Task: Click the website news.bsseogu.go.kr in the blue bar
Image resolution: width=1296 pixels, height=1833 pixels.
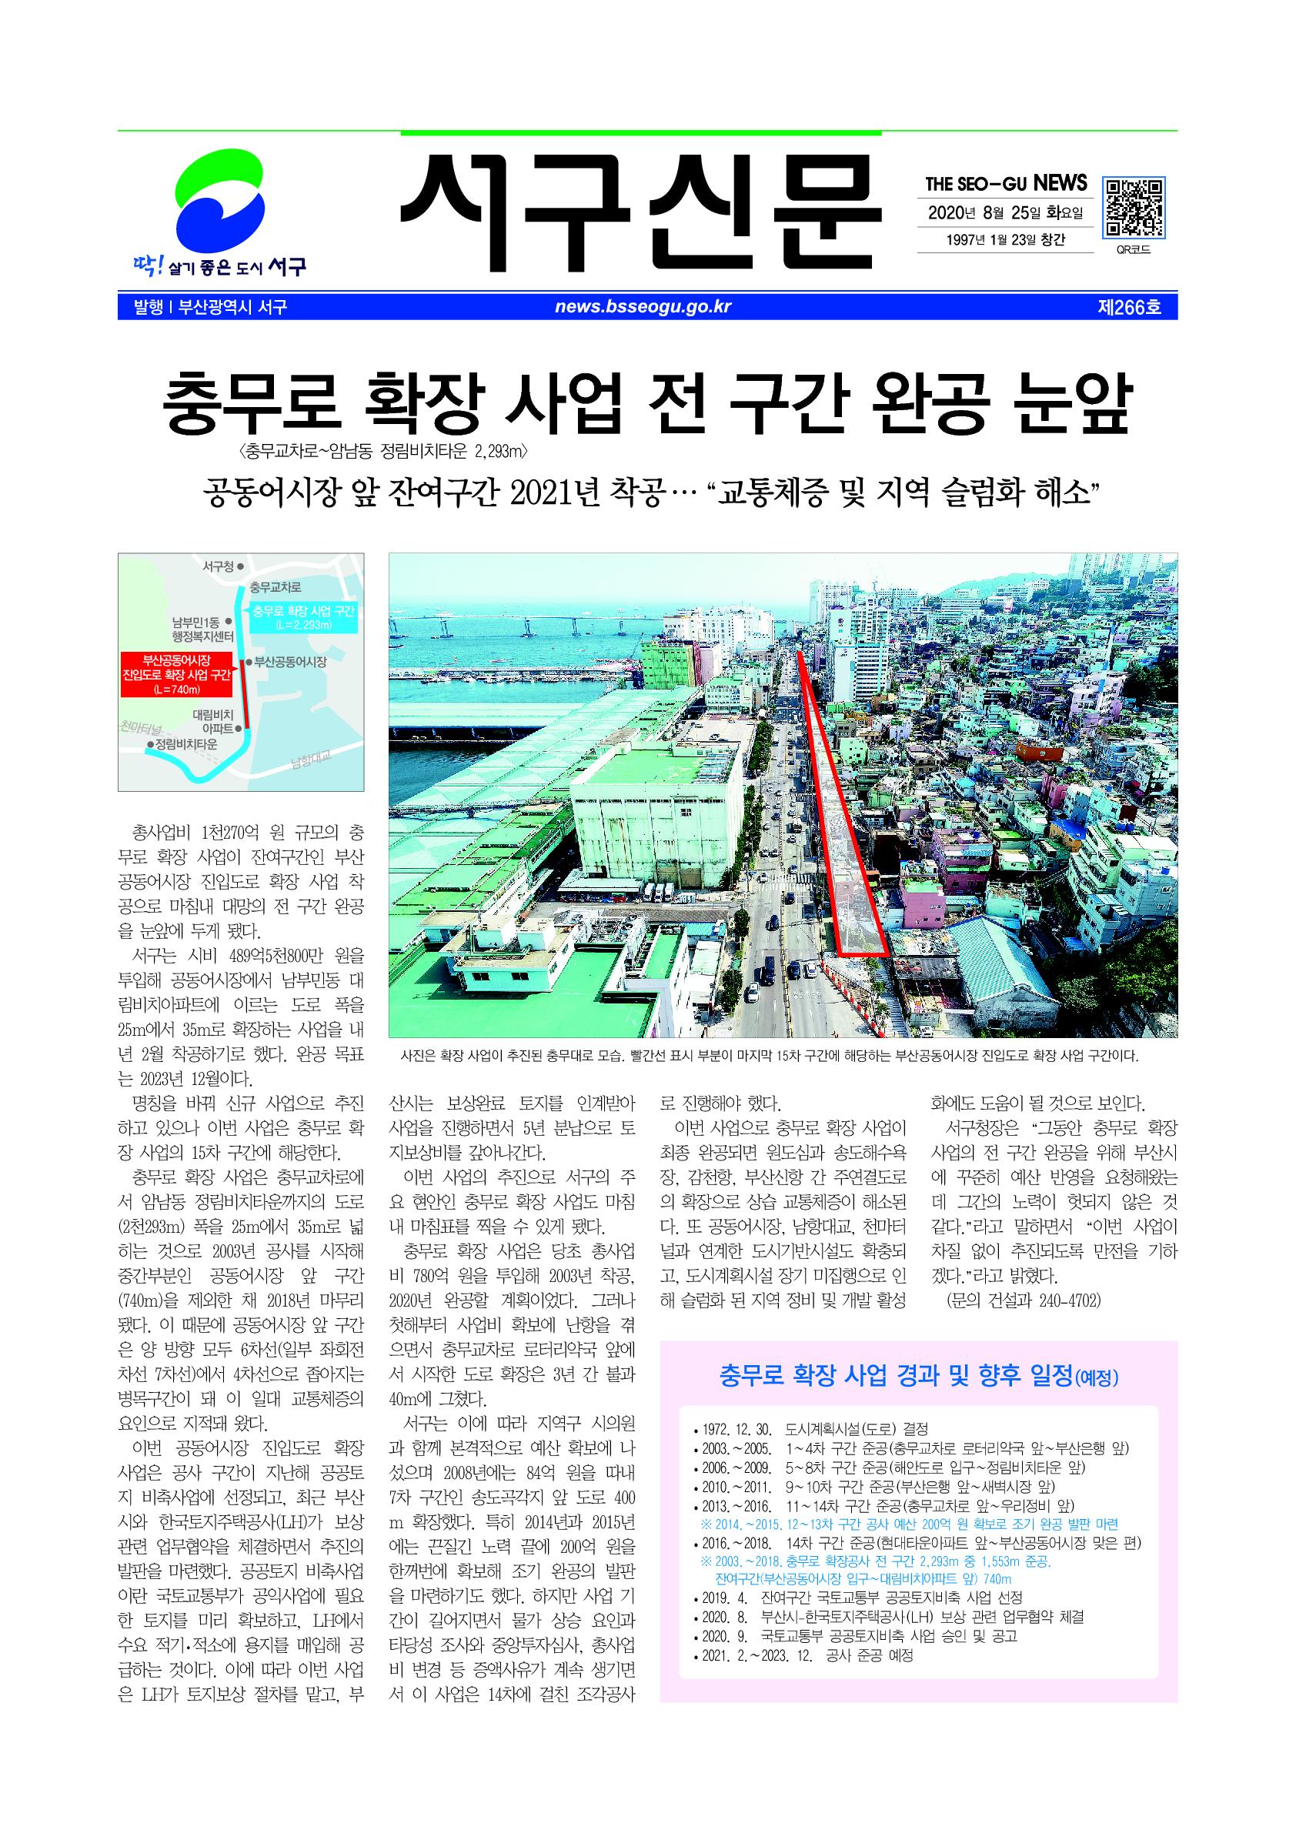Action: pyautogui.click(x=643, y=306)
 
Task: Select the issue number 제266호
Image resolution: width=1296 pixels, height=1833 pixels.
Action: pyautogui.click(x=1129, y=307)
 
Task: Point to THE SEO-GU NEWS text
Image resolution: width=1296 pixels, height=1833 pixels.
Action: pyautogui.click(x=1006, y=184)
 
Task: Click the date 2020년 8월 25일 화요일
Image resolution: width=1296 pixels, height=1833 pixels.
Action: pyautogui.click(x=1005, y=213)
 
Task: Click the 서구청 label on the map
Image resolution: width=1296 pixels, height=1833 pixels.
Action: pyautogui.click(x=218, y=566)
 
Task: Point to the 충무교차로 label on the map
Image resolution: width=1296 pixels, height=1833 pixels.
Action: pyautogui.click(x=275, y=588)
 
